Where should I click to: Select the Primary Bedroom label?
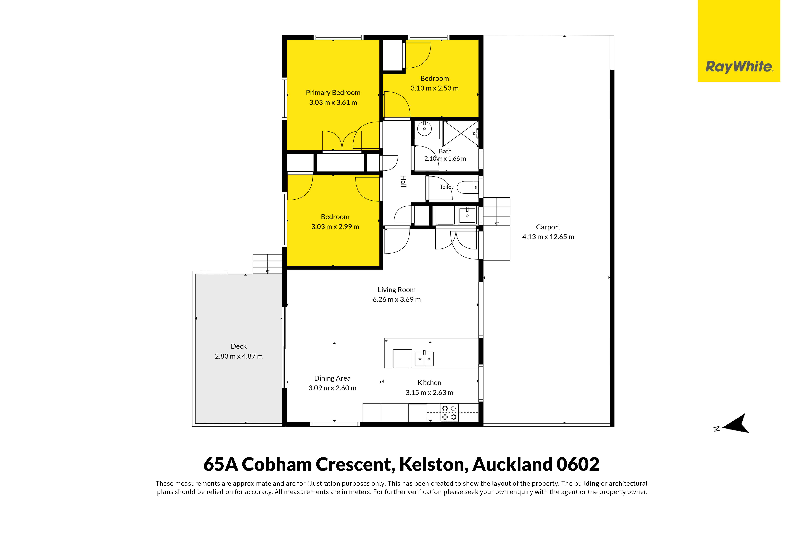point(333,93)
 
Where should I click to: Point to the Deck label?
point(238,346)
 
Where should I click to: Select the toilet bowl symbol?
point(467,187)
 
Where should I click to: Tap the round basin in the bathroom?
point(425,129)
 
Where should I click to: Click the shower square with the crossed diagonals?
point(460,133)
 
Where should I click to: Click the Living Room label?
point(396,290)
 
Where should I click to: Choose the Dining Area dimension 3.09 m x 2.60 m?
point(332,388)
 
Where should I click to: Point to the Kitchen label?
point(429,383)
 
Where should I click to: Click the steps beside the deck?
point(267,264)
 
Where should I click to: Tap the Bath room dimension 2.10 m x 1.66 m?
point(445,159)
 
